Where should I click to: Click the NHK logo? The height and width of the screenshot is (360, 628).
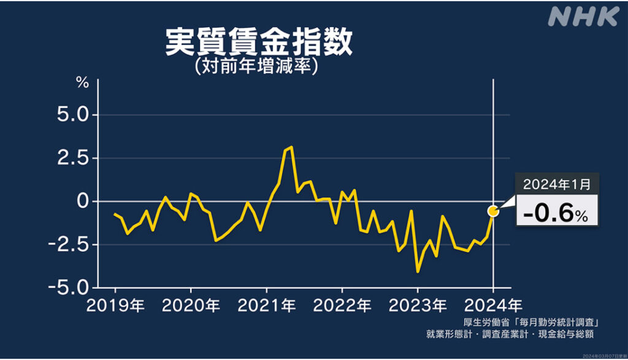(x=583, y=17)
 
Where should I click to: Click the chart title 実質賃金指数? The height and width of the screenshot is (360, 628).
(x=259, y=43)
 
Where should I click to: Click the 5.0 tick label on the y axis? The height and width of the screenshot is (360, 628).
(x=74, y=115)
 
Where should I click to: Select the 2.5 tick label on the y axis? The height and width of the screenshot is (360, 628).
(x=74, y=158)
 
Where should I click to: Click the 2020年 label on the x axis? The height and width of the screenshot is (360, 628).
(x=190, y=305)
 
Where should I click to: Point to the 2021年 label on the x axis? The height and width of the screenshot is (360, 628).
(x=266, y=305)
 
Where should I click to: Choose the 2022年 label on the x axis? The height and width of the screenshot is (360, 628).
(x=342, y=305)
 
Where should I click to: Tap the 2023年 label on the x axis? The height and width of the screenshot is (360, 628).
(x=418, y=305)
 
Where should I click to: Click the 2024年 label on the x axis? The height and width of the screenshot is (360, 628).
(x=493, y=305)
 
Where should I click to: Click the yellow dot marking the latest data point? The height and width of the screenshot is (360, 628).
(x=493, y=211)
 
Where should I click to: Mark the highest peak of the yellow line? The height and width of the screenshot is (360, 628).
(x=291, y=147)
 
